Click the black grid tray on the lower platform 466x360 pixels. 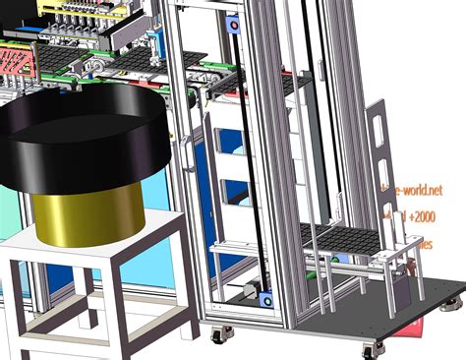[343, 236]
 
